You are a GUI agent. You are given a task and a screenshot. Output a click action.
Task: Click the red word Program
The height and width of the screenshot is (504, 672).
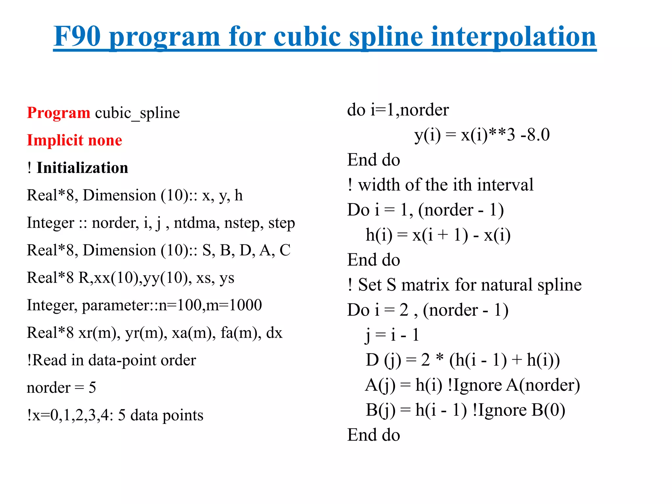[x=58, y=113]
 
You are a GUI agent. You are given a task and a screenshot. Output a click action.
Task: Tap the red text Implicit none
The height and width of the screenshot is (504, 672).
[x=74, y=140]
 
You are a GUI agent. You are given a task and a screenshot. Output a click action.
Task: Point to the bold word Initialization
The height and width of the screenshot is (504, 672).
[x=82, y=168]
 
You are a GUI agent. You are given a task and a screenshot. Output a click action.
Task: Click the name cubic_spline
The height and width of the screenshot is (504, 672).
[x=137, y=113]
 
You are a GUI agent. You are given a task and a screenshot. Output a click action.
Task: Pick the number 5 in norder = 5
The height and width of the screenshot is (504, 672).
[x=92, y=388]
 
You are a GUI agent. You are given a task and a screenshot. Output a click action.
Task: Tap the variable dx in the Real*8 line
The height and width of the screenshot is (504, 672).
[x=274, y=333]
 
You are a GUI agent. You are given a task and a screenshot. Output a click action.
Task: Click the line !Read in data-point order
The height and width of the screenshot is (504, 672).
[x=111, y=360]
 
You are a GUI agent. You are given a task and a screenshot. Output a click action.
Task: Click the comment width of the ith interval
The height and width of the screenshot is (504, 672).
[x=445, y=185]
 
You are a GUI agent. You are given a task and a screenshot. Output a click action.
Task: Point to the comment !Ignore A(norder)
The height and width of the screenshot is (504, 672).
[x=514, y=385]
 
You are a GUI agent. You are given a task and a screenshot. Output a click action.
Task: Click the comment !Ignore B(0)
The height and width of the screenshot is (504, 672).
[x=518, y=410]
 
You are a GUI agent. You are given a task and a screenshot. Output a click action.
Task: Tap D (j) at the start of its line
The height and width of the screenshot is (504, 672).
[x=383, y=360]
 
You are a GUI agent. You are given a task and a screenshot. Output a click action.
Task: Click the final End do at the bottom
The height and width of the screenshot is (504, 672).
[x=373, y=435]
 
